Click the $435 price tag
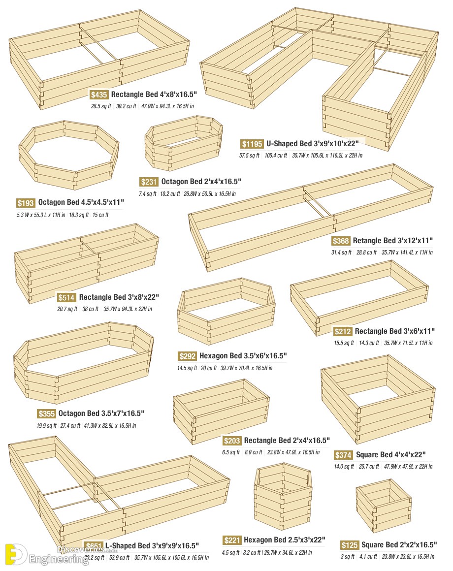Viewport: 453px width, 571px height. pyautogui.click(x=99, y=95)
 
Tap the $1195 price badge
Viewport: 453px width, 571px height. pyautogui.click(x=252, y=144)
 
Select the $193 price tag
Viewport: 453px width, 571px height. pyautogui.click(x=25, y=203)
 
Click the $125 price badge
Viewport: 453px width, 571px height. pyautogui.click(x=349, y=545)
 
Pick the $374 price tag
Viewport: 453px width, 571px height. pyautogui.click(x=343, y=455)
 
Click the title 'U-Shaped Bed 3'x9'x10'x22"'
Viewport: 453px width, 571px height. pyautogui.click(x=316, y=144)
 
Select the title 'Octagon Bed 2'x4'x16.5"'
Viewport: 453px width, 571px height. pyautogui.click(x=201, y=182)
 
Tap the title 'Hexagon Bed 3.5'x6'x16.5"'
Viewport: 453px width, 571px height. pyautogui.click(x=243, y=356)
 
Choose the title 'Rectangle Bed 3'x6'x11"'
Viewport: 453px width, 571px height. pyautogui.click(x=394, y=331)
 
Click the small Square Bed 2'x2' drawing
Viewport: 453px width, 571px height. pyautogui.click(x=383, y=508)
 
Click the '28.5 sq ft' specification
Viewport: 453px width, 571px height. pyautogui.click(x=101, y=106)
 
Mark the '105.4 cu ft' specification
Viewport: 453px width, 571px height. pyautogui.click(x=275, y=156)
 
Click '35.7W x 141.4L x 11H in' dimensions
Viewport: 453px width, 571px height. pyautogui.click(x=407, y=253)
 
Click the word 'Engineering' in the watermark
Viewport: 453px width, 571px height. pyautogui.click(x=59, y=559)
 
